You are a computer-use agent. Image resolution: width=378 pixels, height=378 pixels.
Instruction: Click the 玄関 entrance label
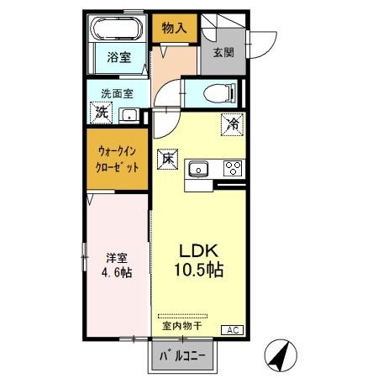pyautogui.click(x=223, y=52)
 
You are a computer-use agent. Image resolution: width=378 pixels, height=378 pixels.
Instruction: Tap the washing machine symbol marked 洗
pyautogui.click(x=101, y=113)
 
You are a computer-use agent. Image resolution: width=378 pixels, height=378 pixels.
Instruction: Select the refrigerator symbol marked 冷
pyautogui.click(x=233, y=124)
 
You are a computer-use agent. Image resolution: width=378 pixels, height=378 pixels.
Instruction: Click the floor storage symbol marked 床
pyautogui.click(x=167, y=157)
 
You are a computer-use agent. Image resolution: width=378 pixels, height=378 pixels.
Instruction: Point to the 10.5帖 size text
pyautogui.click(x=198, y=271)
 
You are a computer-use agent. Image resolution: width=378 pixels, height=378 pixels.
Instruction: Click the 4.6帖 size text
pyautogui.click(x=116, y=274)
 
